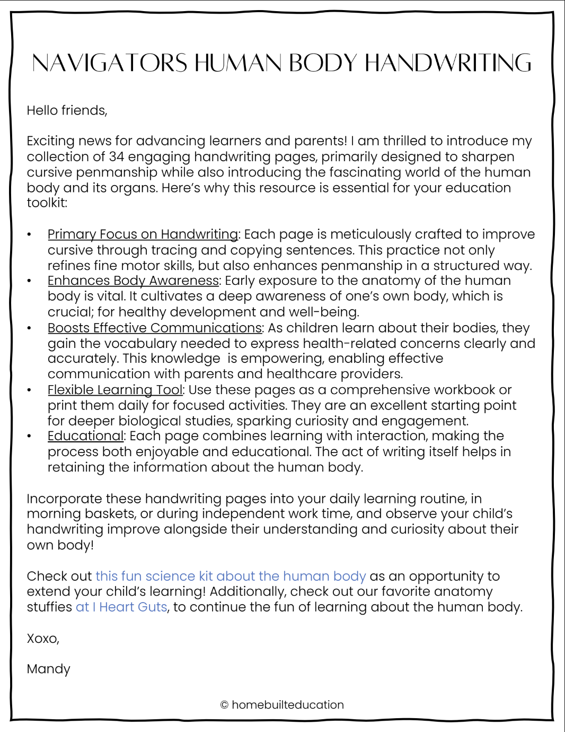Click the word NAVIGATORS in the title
(x=110, y=63)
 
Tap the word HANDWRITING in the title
(x=448, y=63)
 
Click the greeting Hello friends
(x=67, y=110)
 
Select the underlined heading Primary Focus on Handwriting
(x=143, y=234)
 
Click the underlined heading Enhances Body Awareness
(x=133, y=281)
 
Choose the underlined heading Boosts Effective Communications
(x=155, y=328)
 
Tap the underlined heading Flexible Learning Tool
(x=115, y=390)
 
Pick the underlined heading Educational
(x=85, y=436)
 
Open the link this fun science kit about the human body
(x=231, y=576)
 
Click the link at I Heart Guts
(x=121, y=607)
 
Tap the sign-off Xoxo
(x=43, y=638)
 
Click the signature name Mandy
(x=48, y=669)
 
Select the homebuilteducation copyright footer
(x=282, y=705)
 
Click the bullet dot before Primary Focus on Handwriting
(x=30, y=234)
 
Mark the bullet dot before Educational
(x=30, y=436)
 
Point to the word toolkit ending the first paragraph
(x=47, y=203)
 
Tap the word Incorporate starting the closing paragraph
(x=64, y=499)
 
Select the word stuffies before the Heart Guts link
(x=49, y=607)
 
